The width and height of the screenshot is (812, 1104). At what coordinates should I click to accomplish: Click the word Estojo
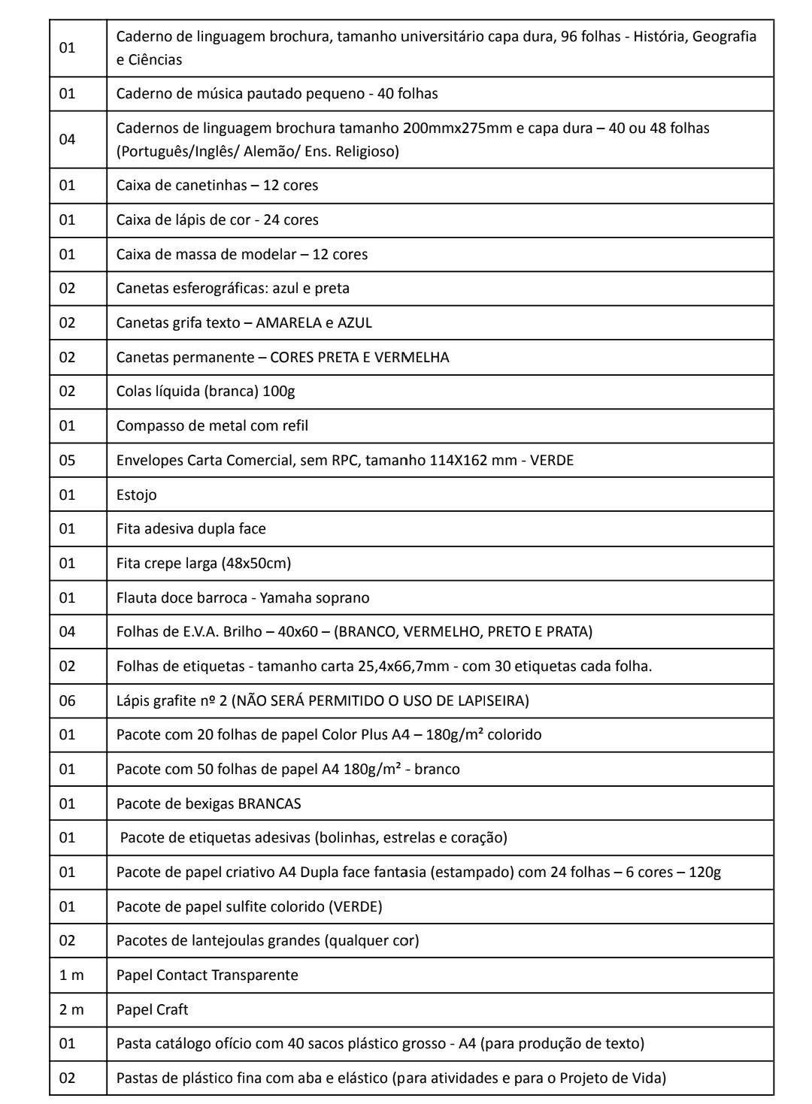(x=136, y=495)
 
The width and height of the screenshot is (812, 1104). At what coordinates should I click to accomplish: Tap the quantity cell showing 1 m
(x=72, y=975)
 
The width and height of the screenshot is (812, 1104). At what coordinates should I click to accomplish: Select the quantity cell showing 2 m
(x=72, y=1009)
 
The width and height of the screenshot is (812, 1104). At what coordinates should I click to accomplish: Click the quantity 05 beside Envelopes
(x=68, y=460)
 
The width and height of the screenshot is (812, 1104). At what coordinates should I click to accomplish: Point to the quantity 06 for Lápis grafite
(x=68, y=700)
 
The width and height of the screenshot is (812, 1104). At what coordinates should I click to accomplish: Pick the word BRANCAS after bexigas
(x=269, y=803)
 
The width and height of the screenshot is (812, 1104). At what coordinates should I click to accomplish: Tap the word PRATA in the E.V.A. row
(x=571, y=631)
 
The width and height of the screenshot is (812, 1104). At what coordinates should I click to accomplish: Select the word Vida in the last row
(x=650, y=1078)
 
